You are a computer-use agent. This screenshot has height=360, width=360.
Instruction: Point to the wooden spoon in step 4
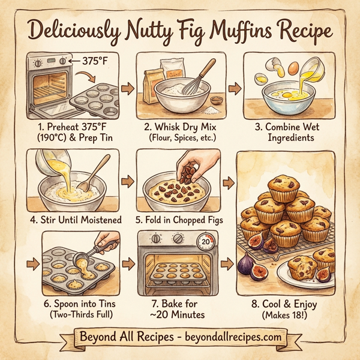click(95, 173)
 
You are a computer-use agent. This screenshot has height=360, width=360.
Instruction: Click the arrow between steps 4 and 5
click(127, 181)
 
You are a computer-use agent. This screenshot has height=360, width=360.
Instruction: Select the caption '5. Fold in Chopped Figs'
click(179, 220)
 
